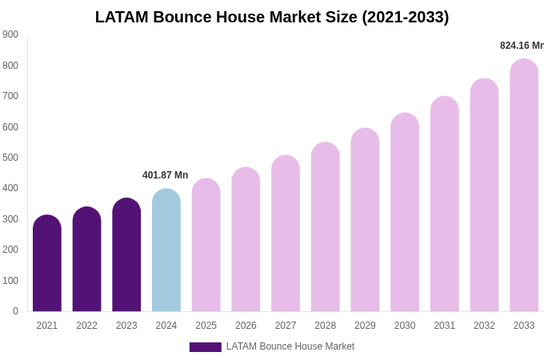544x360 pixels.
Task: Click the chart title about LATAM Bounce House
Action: click(272, 17)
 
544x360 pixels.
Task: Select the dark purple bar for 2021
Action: click(47, 264)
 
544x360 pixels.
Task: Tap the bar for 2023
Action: click(126, 256)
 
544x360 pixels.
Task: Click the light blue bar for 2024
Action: click(166, 251)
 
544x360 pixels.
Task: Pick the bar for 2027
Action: click(286, 234)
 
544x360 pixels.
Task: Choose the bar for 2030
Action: click(405, 213)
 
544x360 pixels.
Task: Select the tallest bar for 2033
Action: click(524, 186)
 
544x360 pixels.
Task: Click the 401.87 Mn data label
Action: click(166, 175)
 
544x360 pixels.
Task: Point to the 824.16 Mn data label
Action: click(522, 46)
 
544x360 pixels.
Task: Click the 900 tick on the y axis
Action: click(10, 34)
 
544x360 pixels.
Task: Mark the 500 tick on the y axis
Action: click(10, 158)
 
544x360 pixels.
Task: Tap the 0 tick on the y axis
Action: click(15, 311)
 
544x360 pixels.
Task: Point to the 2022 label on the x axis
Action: click(86, 326)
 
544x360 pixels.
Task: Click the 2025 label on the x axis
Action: click(206, 326)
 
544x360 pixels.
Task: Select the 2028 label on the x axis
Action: click(326, 326)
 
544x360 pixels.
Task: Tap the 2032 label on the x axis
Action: click(484, 326)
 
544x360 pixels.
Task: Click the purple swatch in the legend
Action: click(205, 347)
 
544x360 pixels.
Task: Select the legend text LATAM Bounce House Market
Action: click(290, 346)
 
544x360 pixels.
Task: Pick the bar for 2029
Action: click(365, 221)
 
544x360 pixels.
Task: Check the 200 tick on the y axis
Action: click(10, 250)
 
